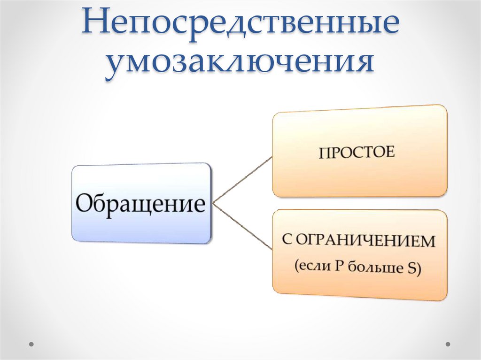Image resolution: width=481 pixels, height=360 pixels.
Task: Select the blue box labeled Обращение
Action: pyautogui.click(x=141, y=203)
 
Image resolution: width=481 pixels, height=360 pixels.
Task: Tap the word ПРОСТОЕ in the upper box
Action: pyautogui.click(x=357, y=153)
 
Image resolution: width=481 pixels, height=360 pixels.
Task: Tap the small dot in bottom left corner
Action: pyautogui.click(x=32, y=344)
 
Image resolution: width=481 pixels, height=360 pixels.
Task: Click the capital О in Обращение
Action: pyautogui.click(x=85, y=204)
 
